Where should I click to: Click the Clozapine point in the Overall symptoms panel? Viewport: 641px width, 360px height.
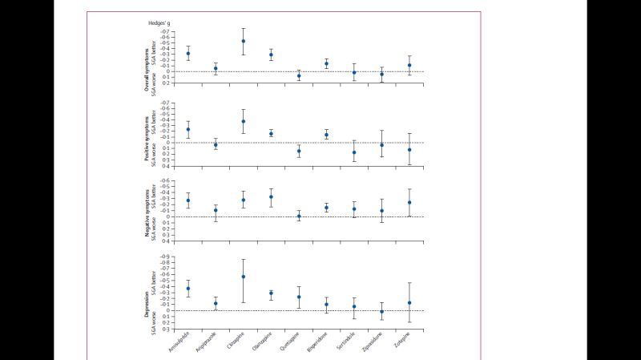coord(244,41)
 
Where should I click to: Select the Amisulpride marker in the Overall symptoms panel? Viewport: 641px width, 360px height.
coord(188,54)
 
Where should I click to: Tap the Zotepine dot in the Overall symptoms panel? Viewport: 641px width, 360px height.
coord(409,66)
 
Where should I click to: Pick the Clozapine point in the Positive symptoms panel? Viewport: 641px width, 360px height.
coord(244,122)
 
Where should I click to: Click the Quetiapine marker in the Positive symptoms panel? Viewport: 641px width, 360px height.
coord(299,151)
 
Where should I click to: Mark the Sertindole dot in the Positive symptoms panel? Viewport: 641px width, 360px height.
coord(354,152)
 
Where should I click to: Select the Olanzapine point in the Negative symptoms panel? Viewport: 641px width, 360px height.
coord(271,197)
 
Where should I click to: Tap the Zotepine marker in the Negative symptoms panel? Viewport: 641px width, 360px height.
coord(409,203)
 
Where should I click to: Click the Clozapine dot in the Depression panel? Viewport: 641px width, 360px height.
coord(244,277)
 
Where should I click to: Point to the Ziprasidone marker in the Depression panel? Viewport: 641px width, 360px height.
coord(381,312)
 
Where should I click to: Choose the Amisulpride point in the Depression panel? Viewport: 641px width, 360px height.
coord(188,289)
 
